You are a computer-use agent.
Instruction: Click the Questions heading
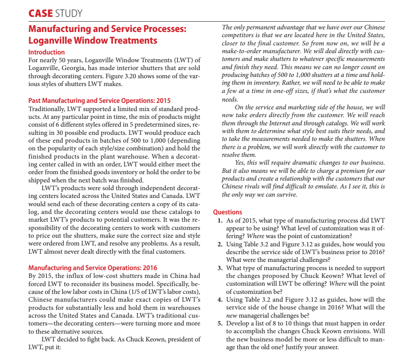[228, 212]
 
